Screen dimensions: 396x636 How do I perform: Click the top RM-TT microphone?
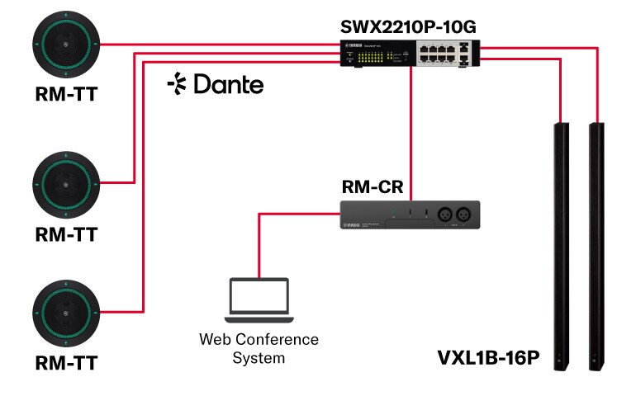(65, 45)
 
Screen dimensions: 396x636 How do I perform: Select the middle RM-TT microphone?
(65, 182)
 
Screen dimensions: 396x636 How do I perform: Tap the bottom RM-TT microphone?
(65, 314)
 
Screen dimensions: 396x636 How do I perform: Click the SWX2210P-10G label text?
(408, 26)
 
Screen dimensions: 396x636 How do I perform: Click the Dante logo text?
(228, 84)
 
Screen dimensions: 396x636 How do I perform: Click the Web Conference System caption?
(259, 348)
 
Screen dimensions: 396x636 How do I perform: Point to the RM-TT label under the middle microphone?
(65, 234)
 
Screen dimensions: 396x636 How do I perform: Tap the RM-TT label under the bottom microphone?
(65, 363)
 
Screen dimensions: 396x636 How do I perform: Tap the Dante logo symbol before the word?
(175, 83)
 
